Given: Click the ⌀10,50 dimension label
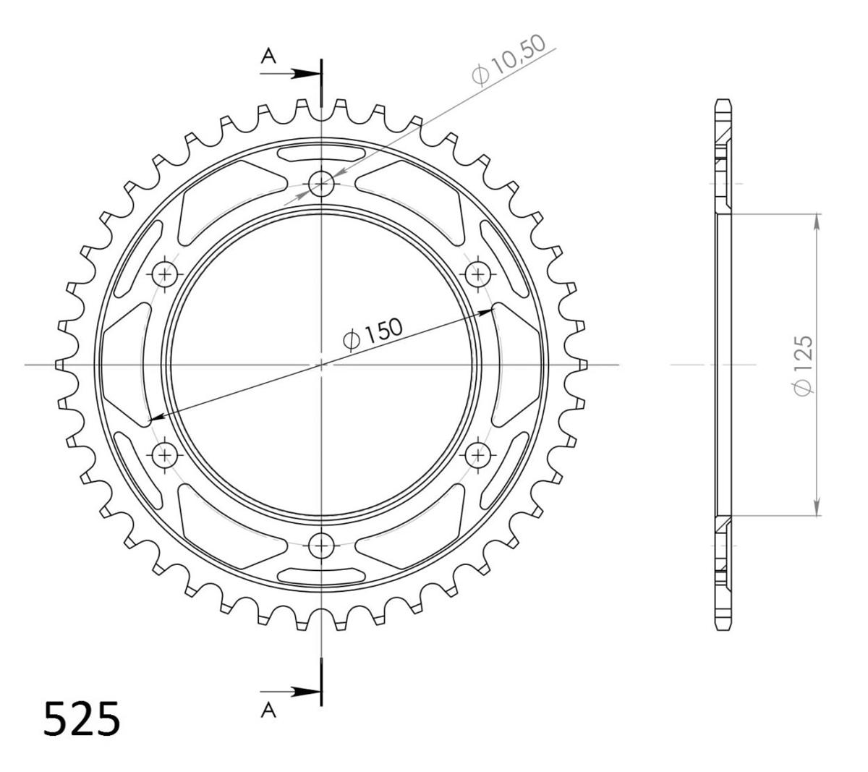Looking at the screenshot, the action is tap(509, 60).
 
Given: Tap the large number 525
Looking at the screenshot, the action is tap(82, 719).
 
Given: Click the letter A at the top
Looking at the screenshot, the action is tap(268, 56).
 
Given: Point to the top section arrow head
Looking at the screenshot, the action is tap(306, 74).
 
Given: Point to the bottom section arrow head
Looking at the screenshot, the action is tap(306, 692).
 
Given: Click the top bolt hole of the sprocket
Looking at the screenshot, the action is tap(321, 184).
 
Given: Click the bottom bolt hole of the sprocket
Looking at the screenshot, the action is tap(321, 546).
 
